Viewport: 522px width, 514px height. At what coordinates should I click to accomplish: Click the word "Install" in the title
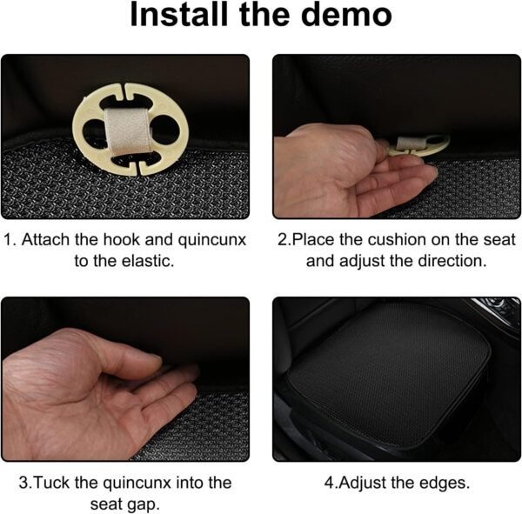179,15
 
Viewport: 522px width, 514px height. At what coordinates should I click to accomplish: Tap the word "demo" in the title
346,15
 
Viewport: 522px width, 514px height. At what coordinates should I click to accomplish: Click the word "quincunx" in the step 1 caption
212,240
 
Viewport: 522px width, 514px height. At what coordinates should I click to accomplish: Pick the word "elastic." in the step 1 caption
148,261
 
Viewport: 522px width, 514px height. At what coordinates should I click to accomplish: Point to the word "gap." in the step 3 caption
144,505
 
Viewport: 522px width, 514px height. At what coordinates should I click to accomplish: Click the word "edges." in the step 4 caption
444,483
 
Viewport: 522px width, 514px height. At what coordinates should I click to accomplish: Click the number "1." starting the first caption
10,240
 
